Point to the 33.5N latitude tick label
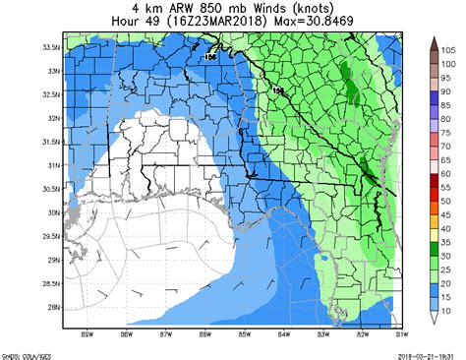click(46, 47)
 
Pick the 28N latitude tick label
click(49, 307)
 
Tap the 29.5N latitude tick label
click(46, 236)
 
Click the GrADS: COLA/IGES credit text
click(28, 353)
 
